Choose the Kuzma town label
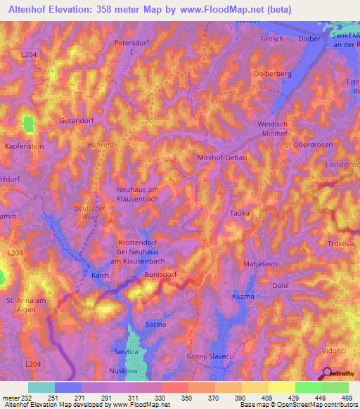point(243,297)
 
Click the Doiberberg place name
point(270,73)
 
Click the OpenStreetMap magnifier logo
point(327,373)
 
